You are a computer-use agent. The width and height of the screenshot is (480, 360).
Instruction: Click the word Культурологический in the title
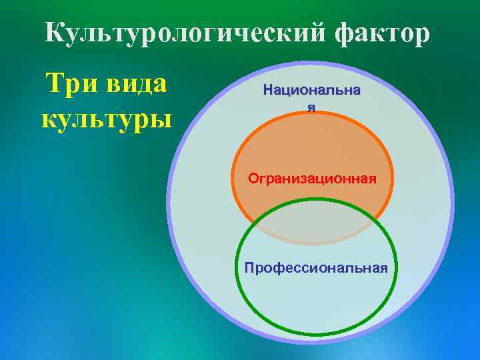tap(179, 33)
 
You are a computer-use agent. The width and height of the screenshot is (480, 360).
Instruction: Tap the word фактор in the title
tap(377, 33)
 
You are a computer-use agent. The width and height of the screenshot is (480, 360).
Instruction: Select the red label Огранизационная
tap(312, 179)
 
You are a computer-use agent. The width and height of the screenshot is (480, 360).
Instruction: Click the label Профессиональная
tap(316, 267)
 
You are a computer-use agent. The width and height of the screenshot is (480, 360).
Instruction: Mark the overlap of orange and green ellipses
tap(312, 223)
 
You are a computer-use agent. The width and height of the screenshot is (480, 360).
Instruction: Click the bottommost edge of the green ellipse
tap(317, 336)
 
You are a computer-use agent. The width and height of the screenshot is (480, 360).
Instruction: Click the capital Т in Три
tap(52, 85)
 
